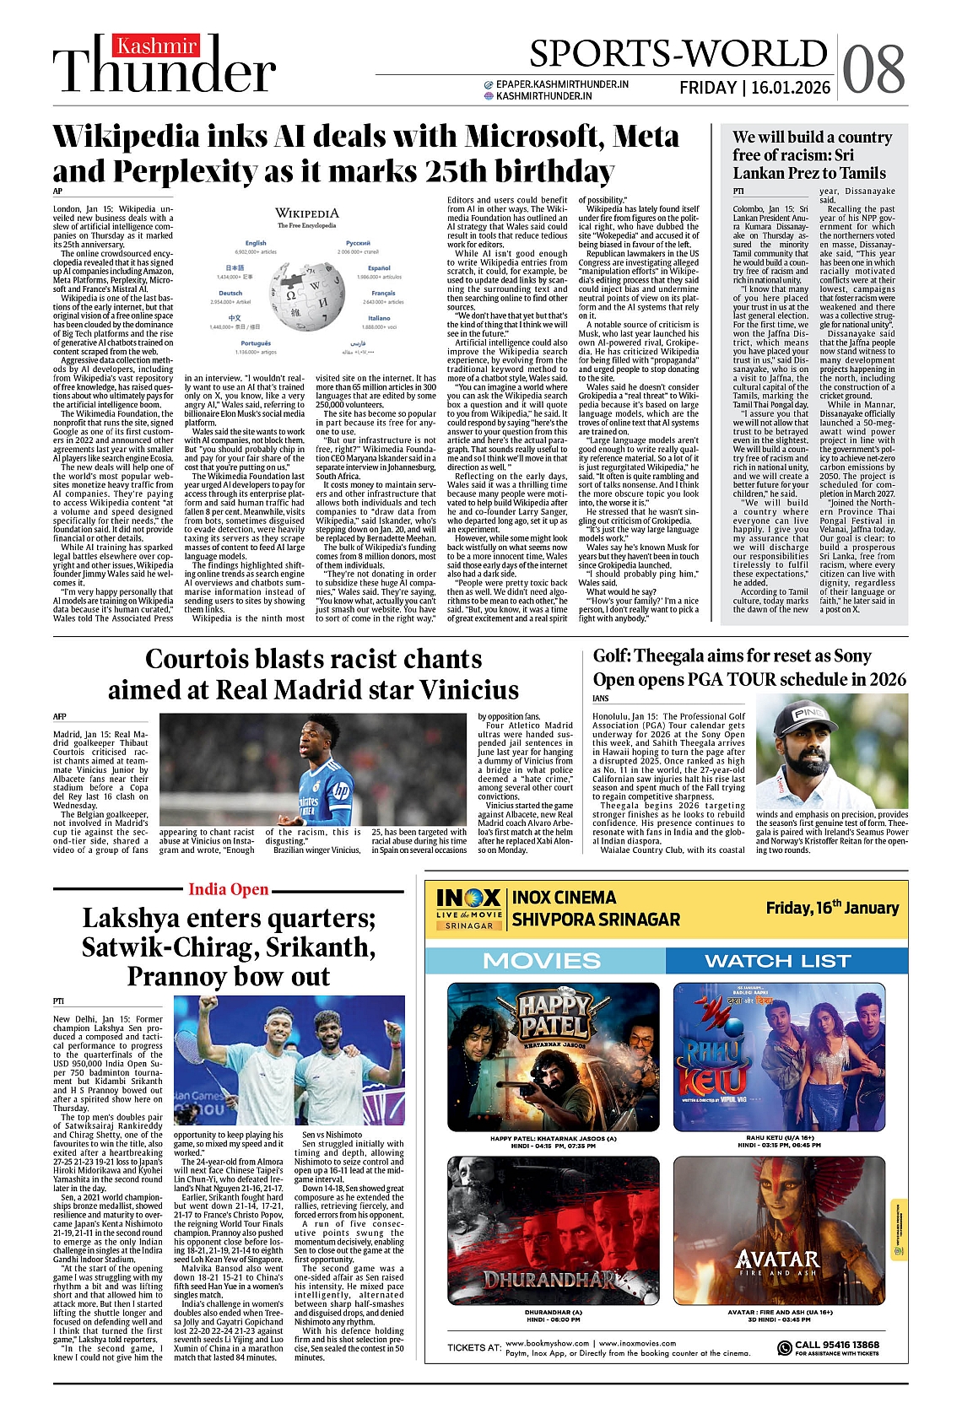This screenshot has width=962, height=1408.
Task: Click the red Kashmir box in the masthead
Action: pyautogui.click(x=157, y=46)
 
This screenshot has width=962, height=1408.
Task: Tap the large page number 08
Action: pyautogui.click(x=873, y=68)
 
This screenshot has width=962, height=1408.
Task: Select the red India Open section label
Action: pyautogui.click(x=228, y=889)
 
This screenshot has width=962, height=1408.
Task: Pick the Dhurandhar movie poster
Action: pyautogui.click(x=553, y=1230)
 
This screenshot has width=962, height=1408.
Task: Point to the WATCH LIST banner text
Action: pyautogui.click(x=777, y=961)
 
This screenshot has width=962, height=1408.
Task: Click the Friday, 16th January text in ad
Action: pyautogui.click(x=832, y=908)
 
